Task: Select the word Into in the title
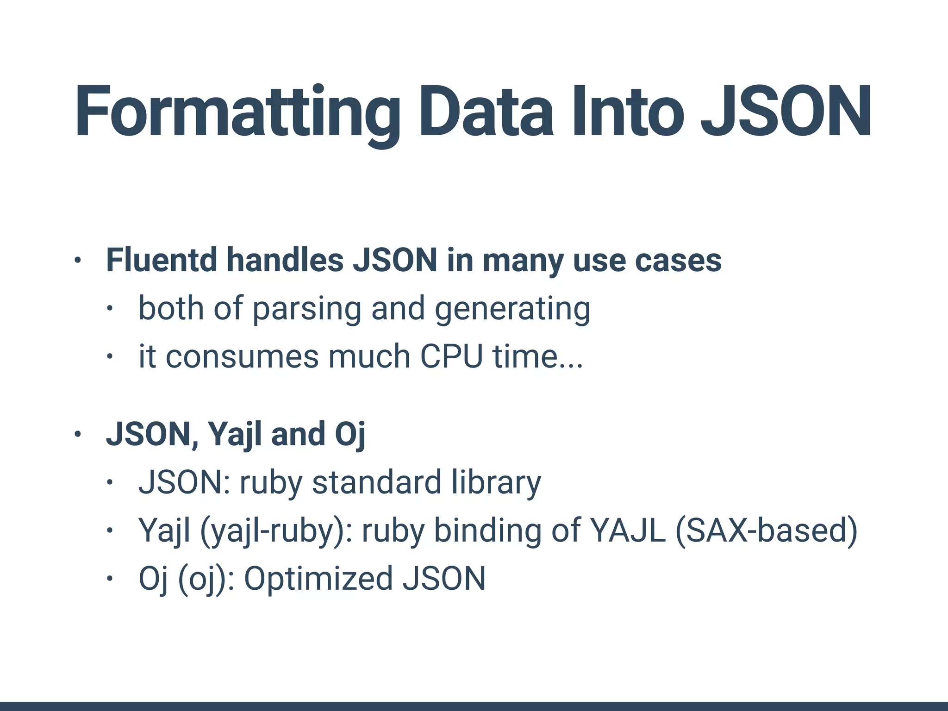pos(628,112)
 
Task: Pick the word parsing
pos(306,309)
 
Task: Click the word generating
pos(512,309)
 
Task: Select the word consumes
pos(243,357)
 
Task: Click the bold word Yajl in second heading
pos(234,434)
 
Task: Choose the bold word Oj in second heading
pos(350,434)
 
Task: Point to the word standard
pos(377,482)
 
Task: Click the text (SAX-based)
pos(767,530)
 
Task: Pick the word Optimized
pos(318,579)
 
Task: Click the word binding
pos(487,530)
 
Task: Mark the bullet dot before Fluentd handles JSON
pos(77,261)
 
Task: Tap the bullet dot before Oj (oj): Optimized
pos(109,579)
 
